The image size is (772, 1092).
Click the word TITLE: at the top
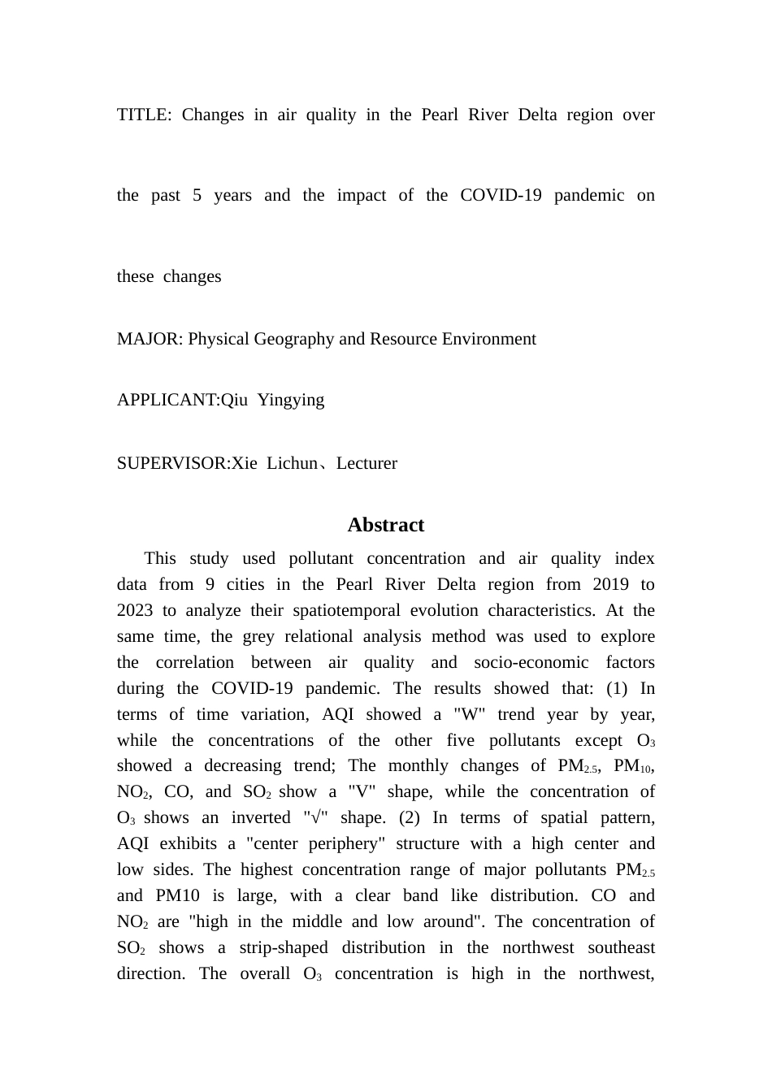(144, 115)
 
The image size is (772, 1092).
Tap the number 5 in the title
(197, 195)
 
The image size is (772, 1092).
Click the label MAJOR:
(150, 339)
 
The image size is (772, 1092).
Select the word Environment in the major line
(488, 339)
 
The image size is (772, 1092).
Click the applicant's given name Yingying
(290, 400)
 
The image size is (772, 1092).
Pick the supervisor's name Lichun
(293, 463)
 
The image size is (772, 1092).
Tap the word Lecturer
(366, 463)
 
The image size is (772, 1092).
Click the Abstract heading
(386, 525)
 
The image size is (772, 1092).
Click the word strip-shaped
(284, 947)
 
